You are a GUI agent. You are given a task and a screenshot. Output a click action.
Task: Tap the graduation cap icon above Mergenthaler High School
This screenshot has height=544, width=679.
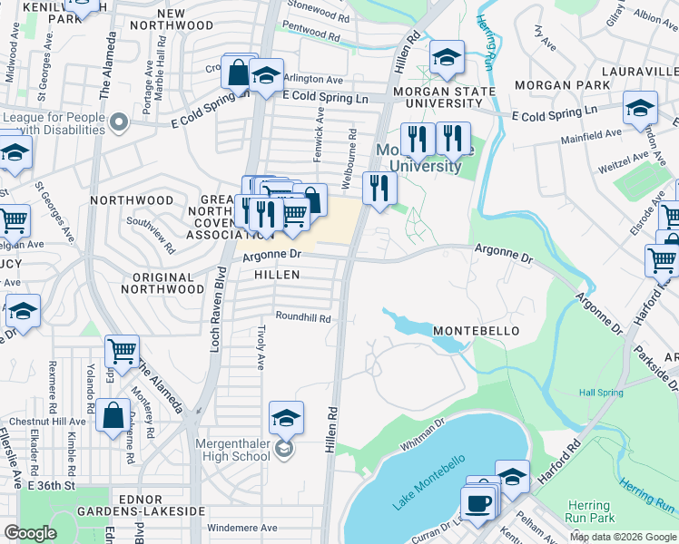286,418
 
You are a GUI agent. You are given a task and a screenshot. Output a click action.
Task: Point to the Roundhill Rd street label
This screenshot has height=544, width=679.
303,318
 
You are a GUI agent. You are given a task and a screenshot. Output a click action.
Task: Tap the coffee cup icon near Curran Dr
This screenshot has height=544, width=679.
477,501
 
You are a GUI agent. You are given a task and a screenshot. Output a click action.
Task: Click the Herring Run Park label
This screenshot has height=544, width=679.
589,511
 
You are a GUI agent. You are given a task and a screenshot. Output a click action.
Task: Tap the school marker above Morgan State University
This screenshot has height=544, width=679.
447,57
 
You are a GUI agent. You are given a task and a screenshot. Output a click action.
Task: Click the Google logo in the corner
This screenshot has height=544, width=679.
31,533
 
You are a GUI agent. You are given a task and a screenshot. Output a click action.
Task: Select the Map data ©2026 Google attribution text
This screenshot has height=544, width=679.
623,537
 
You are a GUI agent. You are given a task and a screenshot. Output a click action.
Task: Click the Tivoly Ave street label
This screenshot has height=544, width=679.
261,347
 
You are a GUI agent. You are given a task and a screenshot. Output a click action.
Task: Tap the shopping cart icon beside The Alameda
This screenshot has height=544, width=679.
122,351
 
